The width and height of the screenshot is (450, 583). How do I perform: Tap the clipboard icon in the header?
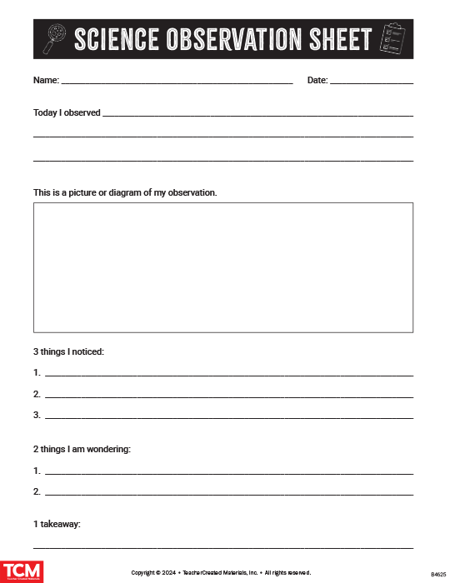pos(392,39)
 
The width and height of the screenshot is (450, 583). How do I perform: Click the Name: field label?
pos(46,81)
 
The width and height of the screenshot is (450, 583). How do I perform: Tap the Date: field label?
pos(317,81)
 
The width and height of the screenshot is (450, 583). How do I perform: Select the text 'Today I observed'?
pos(67,112)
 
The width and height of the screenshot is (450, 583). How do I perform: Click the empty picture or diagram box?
pos(223,267)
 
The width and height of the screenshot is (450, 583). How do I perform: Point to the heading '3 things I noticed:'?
pos(68,352)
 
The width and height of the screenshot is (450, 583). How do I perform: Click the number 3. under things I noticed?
pos(37,415)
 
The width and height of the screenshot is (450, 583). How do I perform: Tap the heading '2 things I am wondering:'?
pos(82,450)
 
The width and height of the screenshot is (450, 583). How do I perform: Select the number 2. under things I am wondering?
pos(37,491)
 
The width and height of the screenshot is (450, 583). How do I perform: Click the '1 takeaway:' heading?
pos(57,525)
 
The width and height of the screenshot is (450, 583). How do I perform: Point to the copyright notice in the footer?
pos(221,573)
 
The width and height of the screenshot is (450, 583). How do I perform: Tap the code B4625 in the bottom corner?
pos(437,575)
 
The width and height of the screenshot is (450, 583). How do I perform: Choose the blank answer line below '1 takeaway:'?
pos(223,547)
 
